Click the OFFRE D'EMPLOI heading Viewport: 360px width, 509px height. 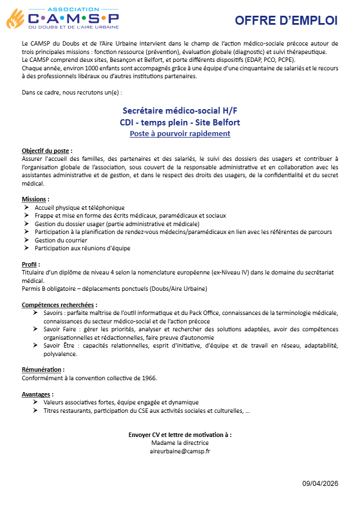[286, 21]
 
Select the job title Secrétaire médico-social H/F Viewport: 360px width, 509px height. [179, 111]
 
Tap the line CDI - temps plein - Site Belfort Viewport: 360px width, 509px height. [179, 122]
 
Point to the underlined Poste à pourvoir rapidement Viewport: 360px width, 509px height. [179, 133]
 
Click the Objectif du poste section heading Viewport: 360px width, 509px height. [47, 151]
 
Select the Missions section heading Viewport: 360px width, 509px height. [35, 199]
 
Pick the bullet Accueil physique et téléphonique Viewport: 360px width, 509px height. [79, 208]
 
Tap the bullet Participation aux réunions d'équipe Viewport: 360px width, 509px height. [82, 247]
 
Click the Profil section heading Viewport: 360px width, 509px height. [31, 264]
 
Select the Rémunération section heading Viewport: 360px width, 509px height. [43, 370]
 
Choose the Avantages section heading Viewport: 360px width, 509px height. [38, 394]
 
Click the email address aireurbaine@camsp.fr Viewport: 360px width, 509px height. [179, 451]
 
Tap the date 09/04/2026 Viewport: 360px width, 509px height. [320, 484]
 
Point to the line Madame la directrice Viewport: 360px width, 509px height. [179, 443]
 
